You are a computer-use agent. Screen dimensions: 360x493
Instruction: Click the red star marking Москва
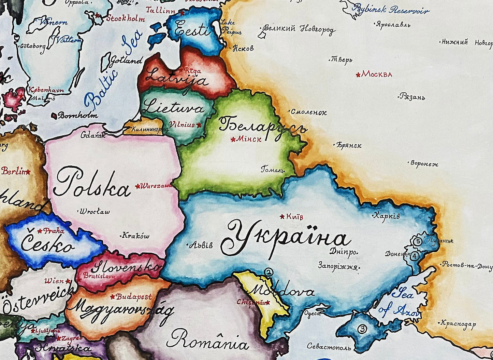coord(358,75)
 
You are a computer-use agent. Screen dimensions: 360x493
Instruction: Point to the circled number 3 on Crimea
coord(362,329)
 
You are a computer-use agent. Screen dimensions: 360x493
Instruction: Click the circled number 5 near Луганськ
coord(418,241)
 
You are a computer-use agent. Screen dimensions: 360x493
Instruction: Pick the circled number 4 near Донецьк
coord(414,256)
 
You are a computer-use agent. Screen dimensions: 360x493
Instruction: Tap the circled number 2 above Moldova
coord(269,272)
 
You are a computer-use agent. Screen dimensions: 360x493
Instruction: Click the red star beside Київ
coord(282,216)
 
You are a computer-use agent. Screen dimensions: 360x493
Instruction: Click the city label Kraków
coord(135,236)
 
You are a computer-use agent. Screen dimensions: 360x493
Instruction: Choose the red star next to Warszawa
coord(137,186)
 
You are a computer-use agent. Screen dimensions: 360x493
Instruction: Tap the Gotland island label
coord(125,61)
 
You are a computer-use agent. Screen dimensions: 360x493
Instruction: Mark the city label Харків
coord(387,216)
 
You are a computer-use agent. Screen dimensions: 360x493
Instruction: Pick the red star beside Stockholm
coord(97,15)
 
